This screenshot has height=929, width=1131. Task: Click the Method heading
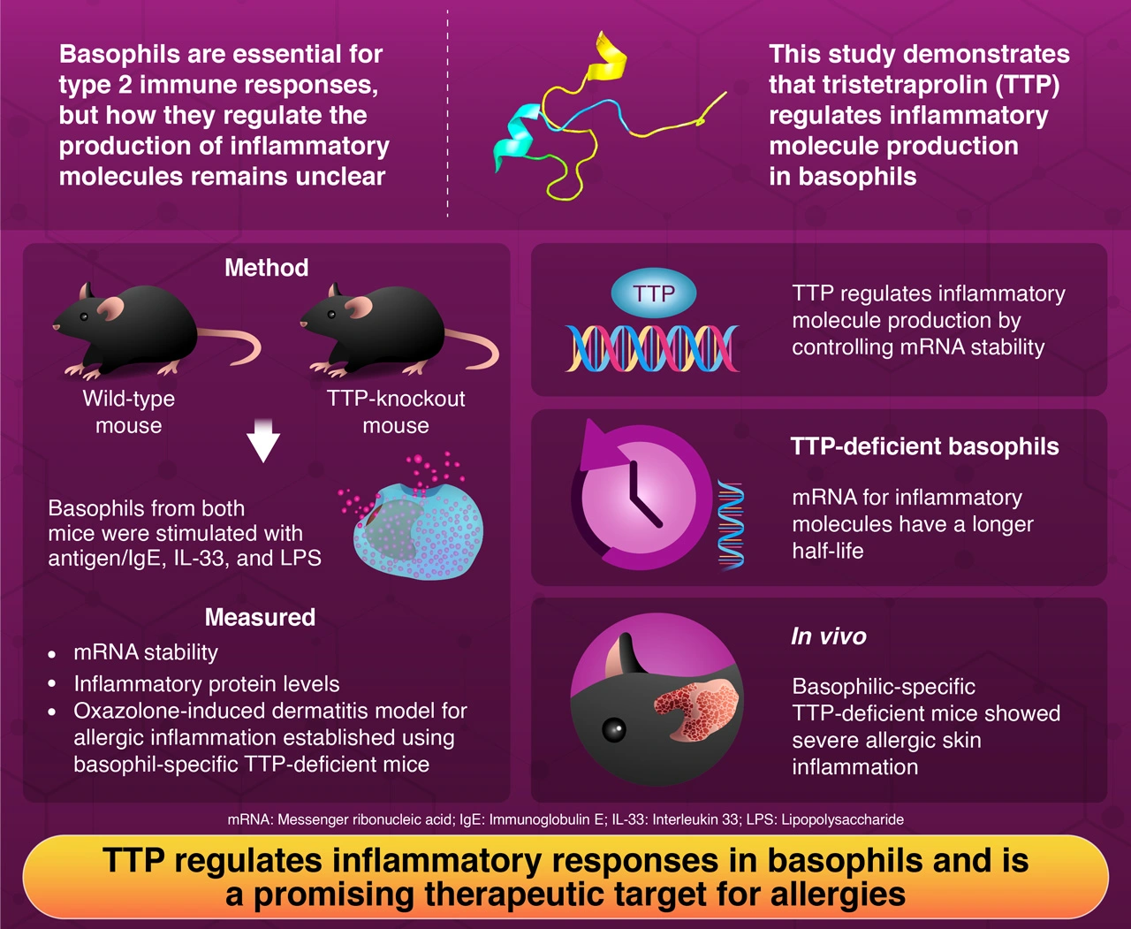coord(266,268)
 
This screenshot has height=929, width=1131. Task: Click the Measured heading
coord(260,617)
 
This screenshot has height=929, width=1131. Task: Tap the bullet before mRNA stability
coord(53,655)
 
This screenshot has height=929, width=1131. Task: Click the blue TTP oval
coord(653,293)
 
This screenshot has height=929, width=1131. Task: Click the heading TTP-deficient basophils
coord(924,446)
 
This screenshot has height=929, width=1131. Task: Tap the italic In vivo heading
coord(828,636)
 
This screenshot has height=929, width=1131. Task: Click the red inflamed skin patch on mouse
coord(697,707)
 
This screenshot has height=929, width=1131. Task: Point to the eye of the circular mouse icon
coord(613,730)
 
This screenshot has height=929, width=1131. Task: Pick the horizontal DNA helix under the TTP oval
coord(652,347)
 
